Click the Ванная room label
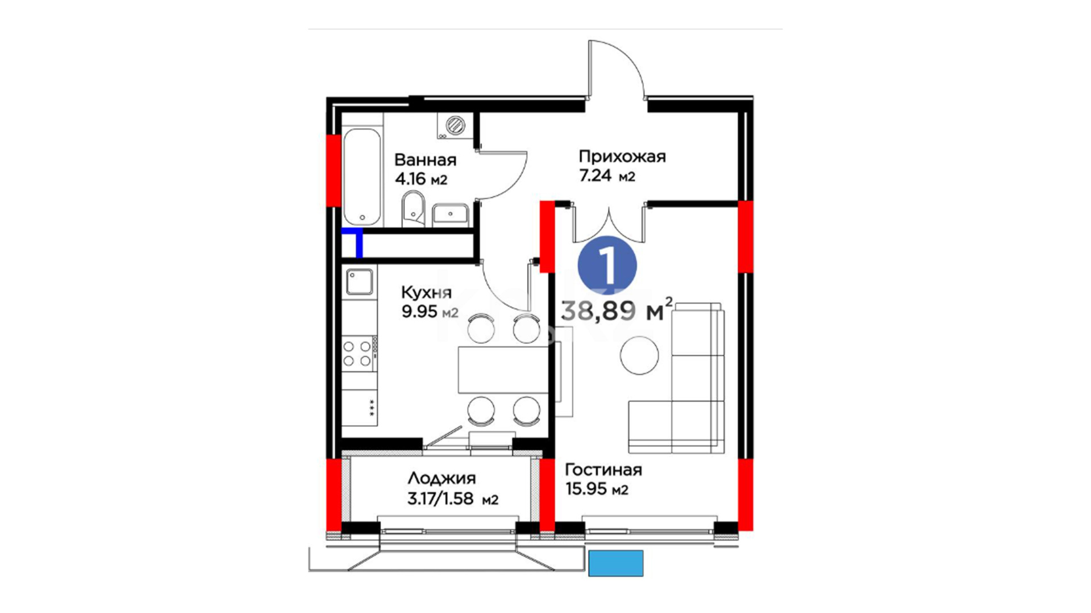(425, 159)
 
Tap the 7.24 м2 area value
(607, 176)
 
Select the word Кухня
(426, 293)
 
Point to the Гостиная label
(603, 470)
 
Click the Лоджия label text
(442, 478)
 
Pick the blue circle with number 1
(607, 265)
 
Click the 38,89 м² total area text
(617, 310)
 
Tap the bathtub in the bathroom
(362, 177)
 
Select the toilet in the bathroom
(413, 209)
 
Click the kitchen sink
(360, 282)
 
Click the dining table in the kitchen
(502, 370)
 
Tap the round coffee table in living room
(639, 355)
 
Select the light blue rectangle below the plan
(616, 563)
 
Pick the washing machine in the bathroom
(455, 125)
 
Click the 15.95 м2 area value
(597, 489)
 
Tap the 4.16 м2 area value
(421, 179)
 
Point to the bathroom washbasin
(451, 215)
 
